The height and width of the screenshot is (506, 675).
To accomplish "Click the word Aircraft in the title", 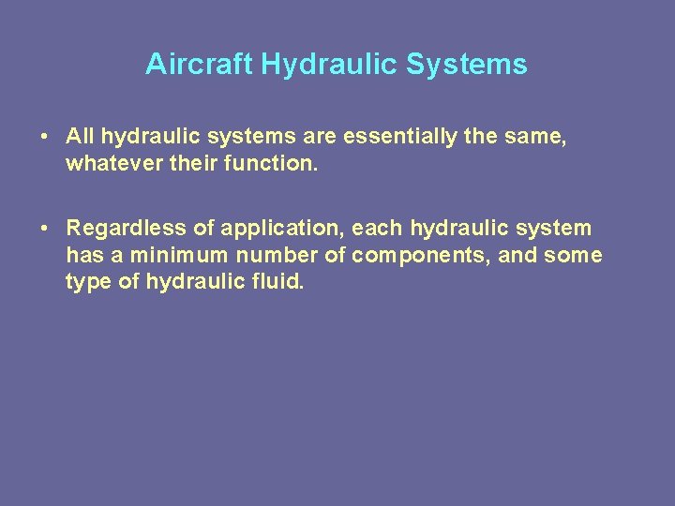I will coord(199,65).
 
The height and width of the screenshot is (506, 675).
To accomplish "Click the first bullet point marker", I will coord(45,138).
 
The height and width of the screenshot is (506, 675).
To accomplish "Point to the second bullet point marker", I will coord(45,229).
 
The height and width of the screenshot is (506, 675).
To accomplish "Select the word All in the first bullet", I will coord(80,137).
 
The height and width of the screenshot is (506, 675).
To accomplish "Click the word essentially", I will coord(397,137).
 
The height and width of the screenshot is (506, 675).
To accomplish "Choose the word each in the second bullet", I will coord(377,229).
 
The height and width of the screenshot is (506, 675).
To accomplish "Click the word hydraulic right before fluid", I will coord(193,282).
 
